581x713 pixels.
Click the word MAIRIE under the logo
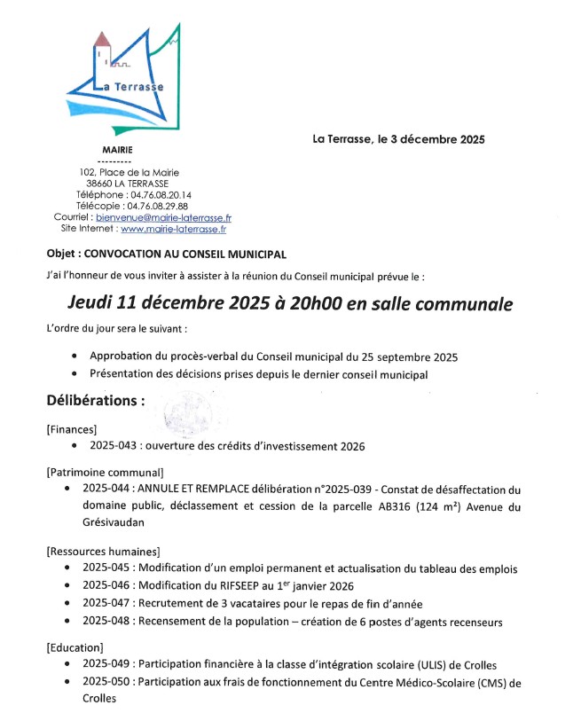click(119, 149)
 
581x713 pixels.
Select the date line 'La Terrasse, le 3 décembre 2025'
click(398, 138)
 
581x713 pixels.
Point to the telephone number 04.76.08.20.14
click(161, 194)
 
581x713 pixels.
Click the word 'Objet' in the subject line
click(62, 253)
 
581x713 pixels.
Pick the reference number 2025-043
click(107, 446)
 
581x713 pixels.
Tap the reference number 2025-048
click(107, 622)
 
